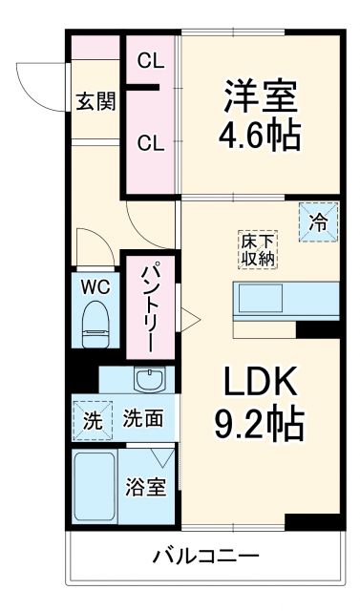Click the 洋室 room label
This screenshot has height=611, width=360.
click(261, 95)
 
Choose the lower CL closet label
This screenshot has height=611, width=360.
click(151, 144)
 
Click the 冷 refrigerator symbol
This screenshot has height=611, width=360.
click(318, 221)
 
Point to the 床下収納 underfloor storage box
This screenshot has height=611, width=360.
click(257, 247)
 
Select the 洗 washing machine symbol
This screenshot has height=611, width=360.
click(91, 418)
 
